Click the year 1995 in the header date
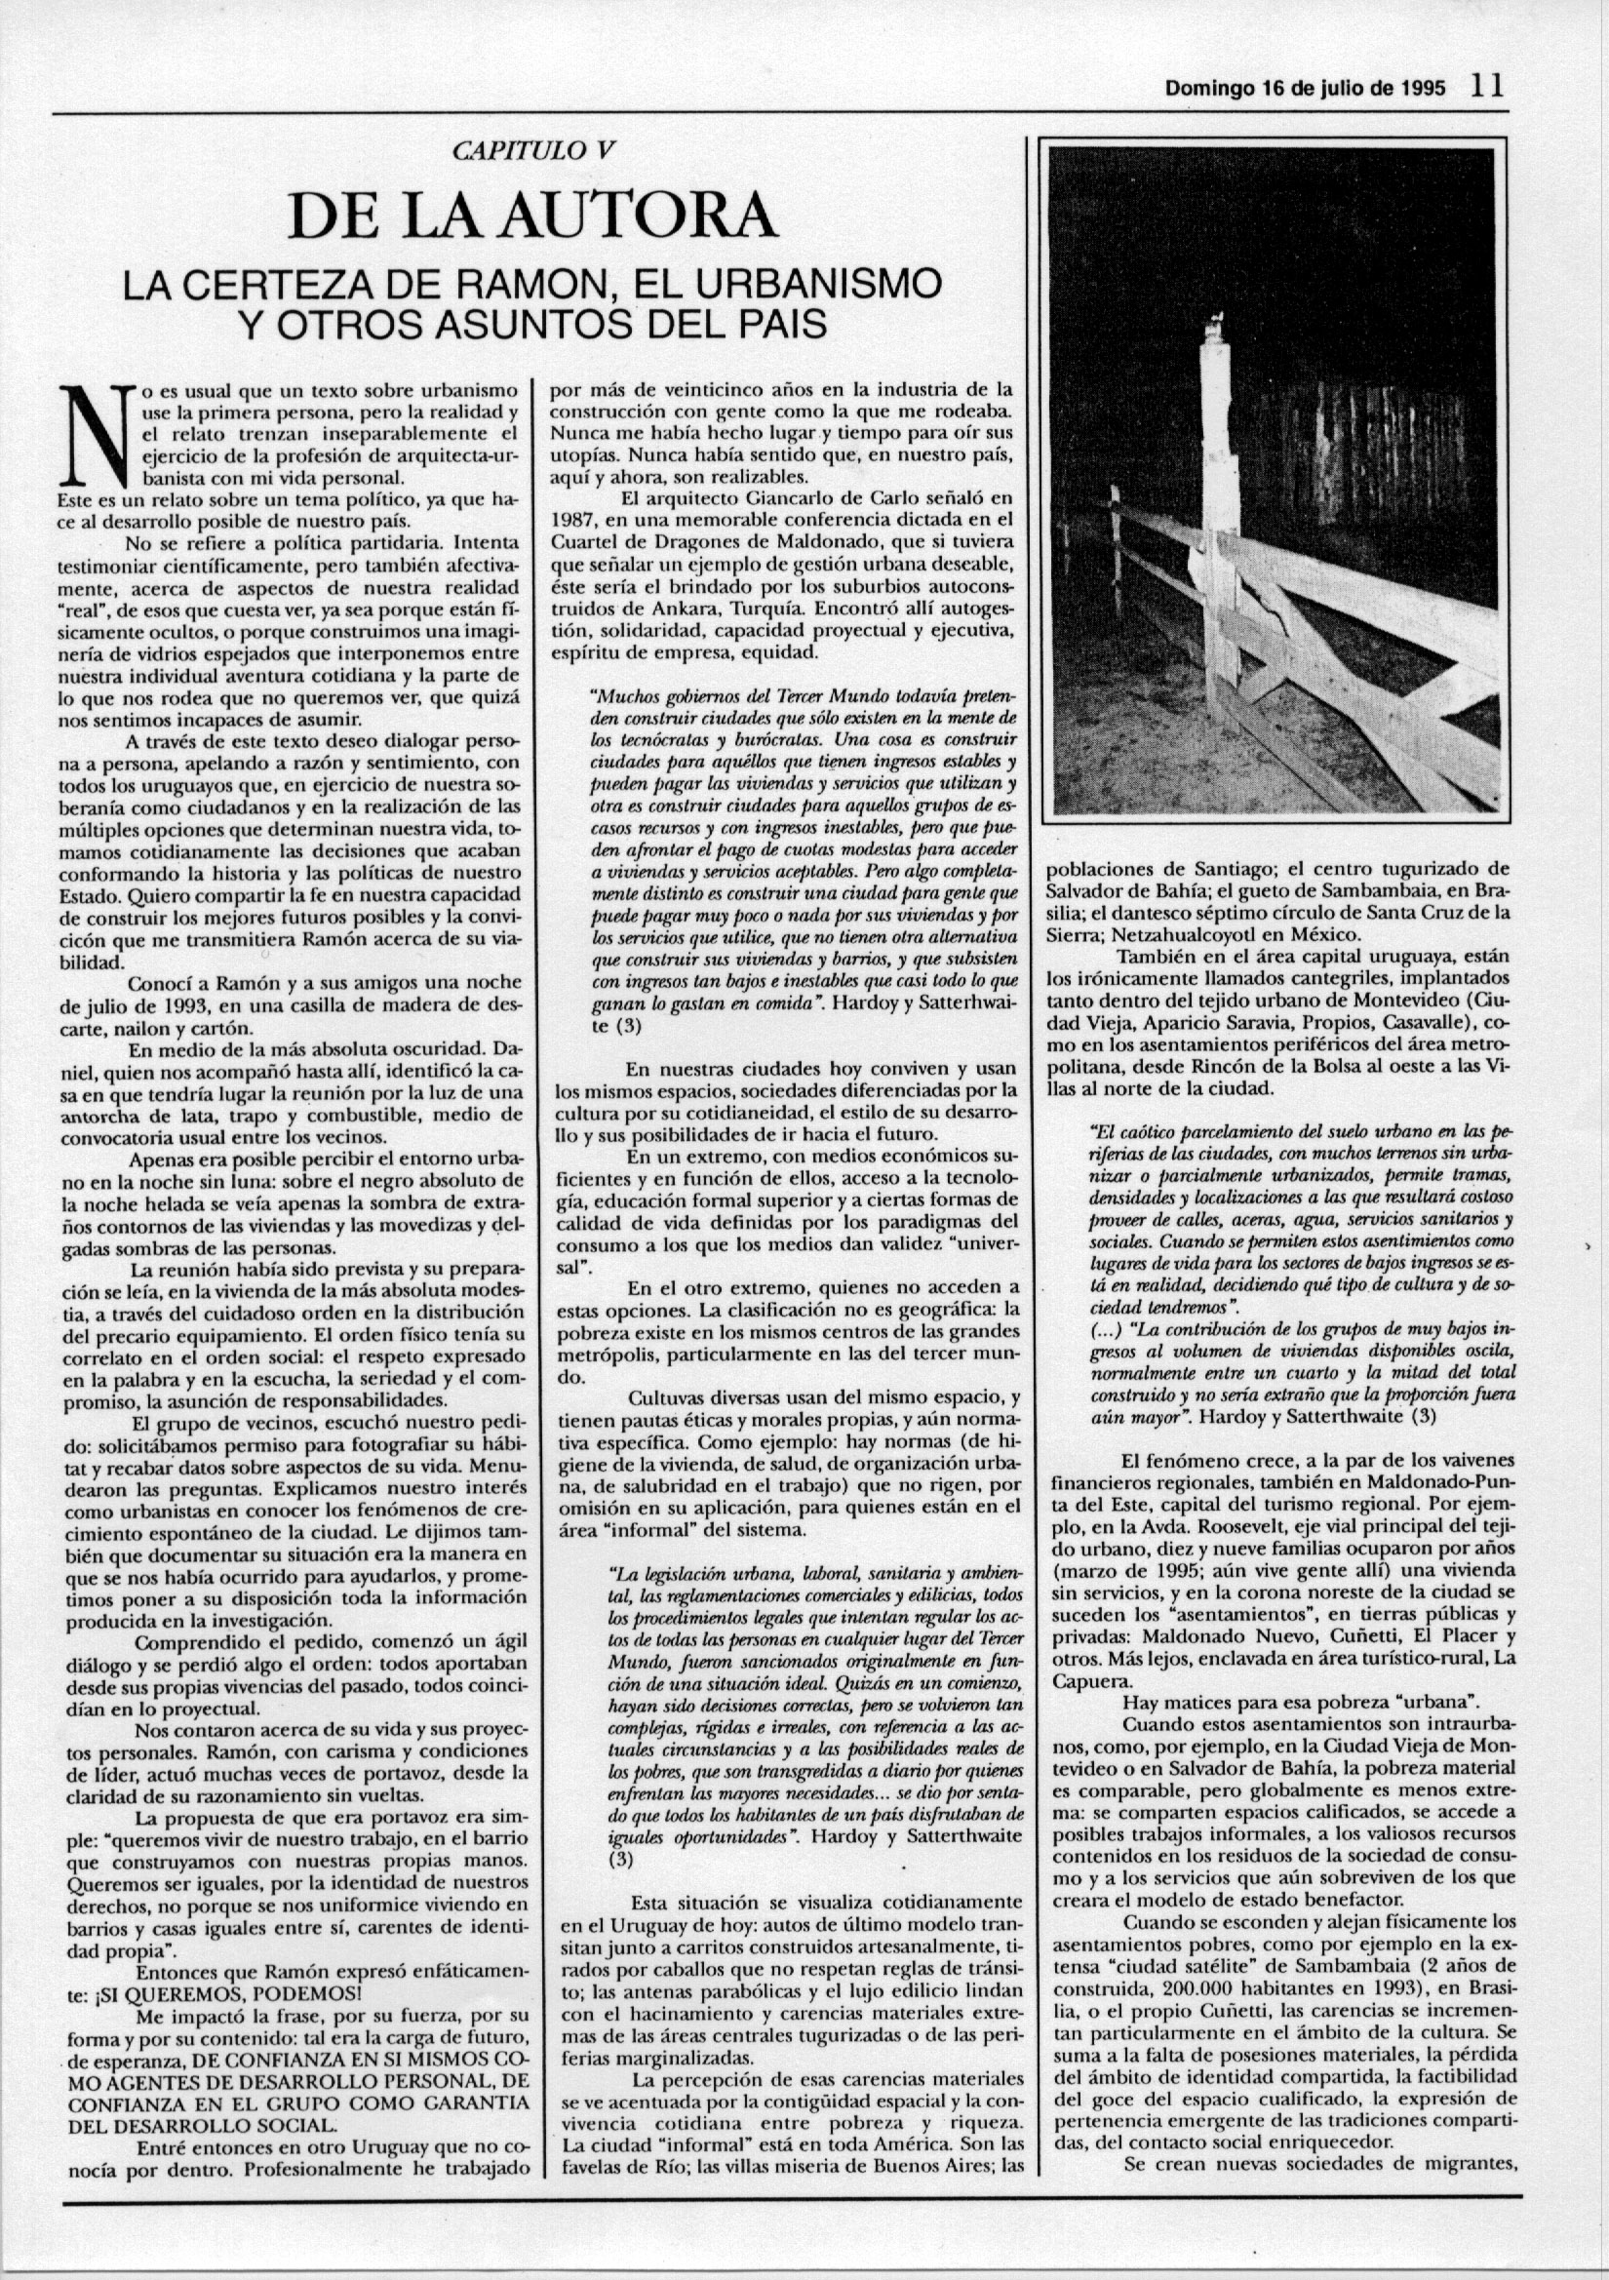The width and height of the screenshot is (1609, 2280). (1424, 89)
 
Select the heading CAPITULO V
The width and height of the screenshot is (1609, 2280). (534, 151)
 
